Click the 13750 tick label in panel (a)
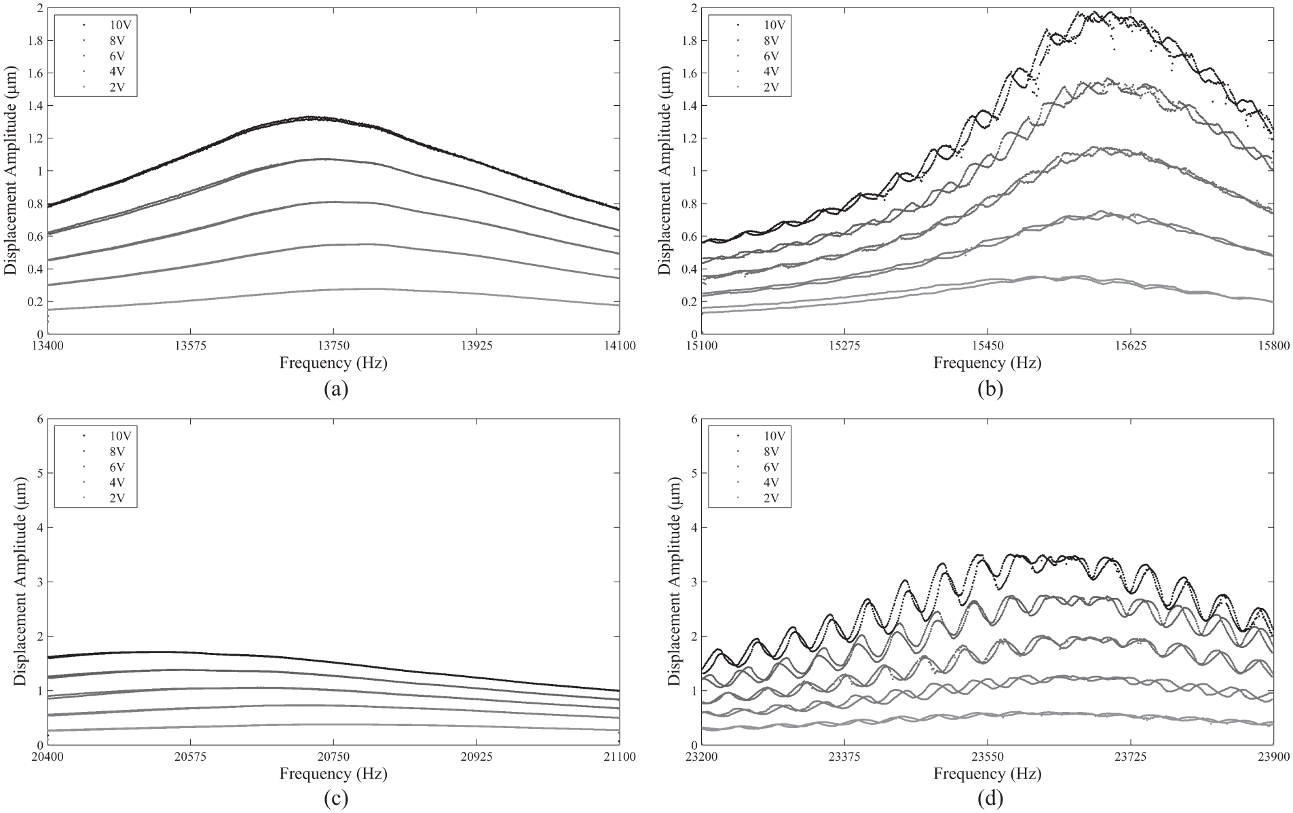click(x=333, y=345)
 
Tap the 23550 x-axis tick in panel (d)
click(x=987, y=757)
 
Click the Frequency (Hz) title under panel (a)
click(x=333, y=363)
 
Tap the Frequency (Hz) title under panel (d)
click(x=988, y=774)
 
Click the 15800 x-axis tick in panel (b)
click(x=1273, y=345)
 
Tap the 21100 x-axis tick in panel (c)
click(x=618, y=757)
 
